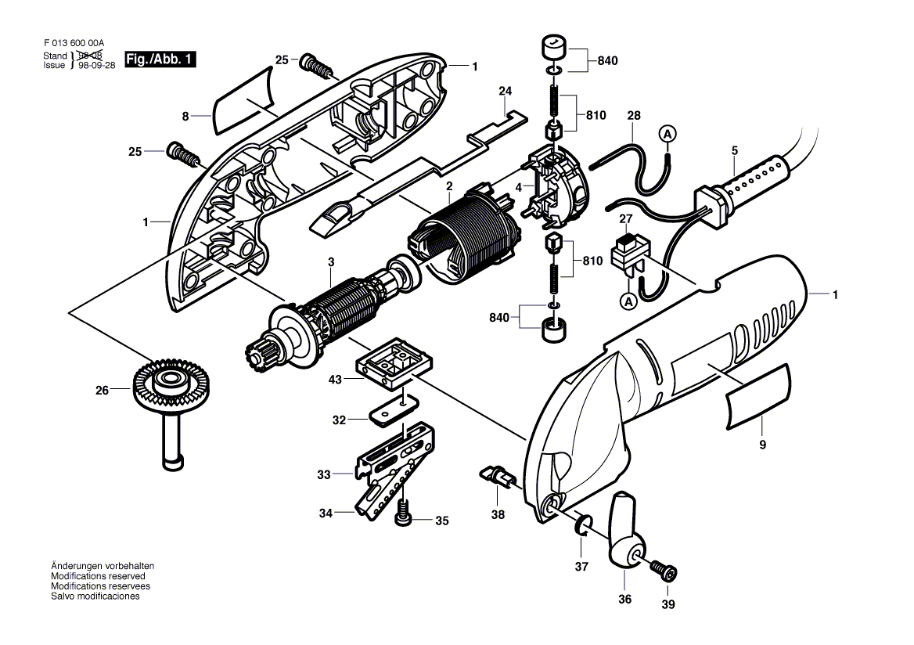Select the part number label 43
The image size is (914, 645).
335,380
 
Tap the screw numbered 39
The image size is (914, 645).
664,571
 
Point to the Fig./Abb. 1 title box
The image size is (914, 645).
160,59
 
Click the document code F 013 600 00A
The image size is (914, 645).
74,42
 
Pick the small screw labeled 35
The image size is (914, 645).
403,513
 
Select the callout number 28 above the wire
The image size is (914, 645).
634,116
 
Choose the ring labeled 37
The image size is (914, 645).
584,524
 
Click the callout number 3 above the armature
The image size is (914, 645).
331,262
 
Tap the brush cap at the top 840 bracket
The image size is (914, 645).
554,48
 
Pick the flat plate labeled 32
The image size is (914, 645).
394,410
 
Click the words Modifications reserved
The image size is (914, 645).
98,576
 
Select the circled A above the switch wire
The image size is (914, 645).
668,134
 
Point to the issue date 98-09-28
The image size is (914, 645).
97,65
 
